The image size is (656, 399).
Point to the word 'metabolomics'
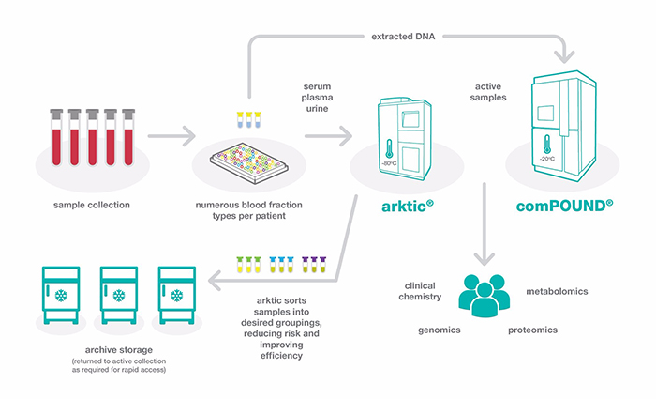(x=557, y=291)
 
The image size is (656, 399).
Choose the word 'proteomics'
(x=534, y=330)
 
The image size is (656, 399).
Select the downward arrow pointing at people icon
(x=484, y=225)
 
